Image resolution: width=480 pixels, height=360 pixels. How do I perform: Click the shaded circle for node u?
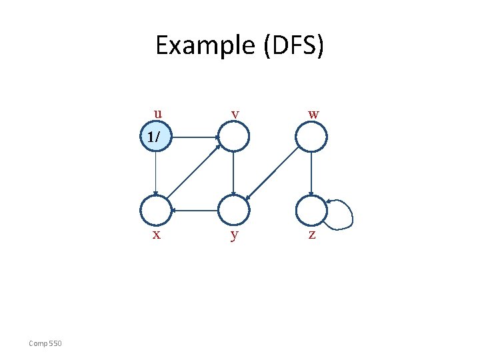click(155, 137)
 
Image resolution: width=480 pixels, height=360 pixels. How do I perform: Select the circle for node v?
click(233, 138)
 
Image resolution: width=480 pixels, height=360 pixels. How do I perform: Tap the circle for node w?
click(311, 138)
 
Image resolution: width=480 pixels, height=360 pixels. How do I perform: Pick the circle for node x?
click(155, 211)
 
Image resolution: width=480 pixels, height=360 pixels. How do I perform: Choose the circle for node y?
click(233, 211)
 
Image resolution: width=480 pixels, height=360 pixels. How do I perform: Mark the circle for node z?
click(311, 211)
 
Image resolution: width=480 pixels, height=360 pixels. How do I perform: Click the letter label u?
click(157, 113)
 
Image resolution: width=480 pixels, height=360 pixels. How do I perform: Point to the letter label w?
click(313, 114)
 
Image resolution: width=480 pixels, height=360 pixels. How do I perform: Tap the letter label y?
click(233, 235)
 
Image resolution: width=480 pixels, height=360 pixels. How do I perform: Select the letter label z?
click(311, 235)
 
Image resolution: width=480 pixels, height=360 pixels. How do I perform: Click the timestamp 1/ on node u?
click(153, 137)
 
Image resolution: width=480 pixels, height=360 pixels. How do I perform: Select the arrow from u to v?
click(195, 138)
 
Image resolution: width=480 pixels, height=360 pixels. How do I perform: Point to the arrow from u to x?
click(155, 174)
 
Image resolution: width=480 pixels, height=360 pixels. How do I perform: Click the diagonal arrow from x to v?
click(194, 175)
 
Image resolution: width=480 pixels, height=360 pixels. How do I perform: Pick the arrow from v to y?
click(233, 174)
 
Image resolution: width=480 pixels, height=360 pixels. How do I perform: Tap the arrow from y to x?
click(195, 211)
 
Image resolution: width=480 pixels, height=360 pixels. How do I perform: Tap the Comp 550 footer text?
click(45, 343)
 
